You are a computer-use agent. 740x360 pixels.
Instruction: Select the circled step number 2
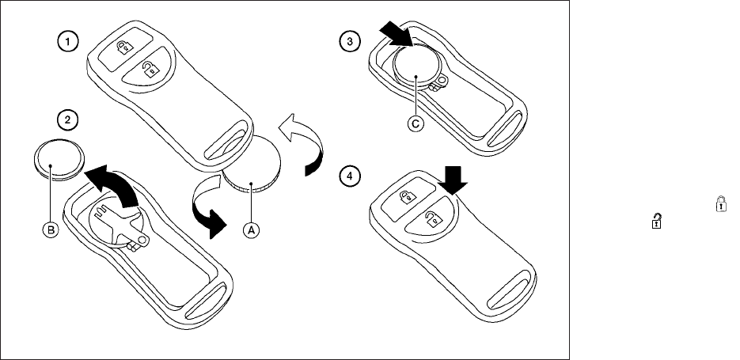point(71,119)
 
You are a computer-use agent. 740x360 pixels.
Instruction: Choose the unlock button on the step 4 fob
point(431,218)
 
